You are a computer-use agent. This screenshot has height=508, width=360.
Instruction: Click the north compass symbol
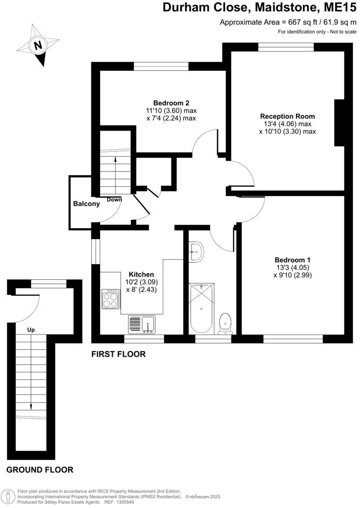(x=37, y=45)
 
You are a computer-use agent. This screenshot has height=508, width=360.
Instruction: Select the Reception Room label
(x=287, y=116)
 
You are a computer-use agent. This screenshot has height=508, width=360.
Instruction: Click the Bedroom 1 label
(x=292, y=259)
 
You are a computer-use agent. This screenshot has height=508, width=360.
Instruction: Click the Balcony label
(x=86, y=203)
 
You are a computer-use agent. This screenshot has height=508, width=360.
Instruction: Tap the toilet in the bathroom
(x=225, y=322)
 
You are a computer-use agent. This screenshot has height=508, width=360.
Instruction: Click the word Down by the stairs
(x=115, y=199)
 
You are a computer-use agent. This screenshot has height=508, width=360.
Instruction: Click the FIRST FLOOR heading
(x=118, y=354)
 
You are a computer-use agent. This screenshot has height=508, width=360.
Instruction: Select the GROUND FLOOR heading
(x=40, y=470)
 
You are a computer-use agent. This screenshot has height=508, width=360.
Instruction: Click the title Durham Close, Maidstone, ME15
(x=259, y=8)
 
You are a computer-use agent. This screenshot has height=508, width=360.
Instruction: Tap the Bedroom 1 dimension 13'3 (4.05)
(x=292, y=267)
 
